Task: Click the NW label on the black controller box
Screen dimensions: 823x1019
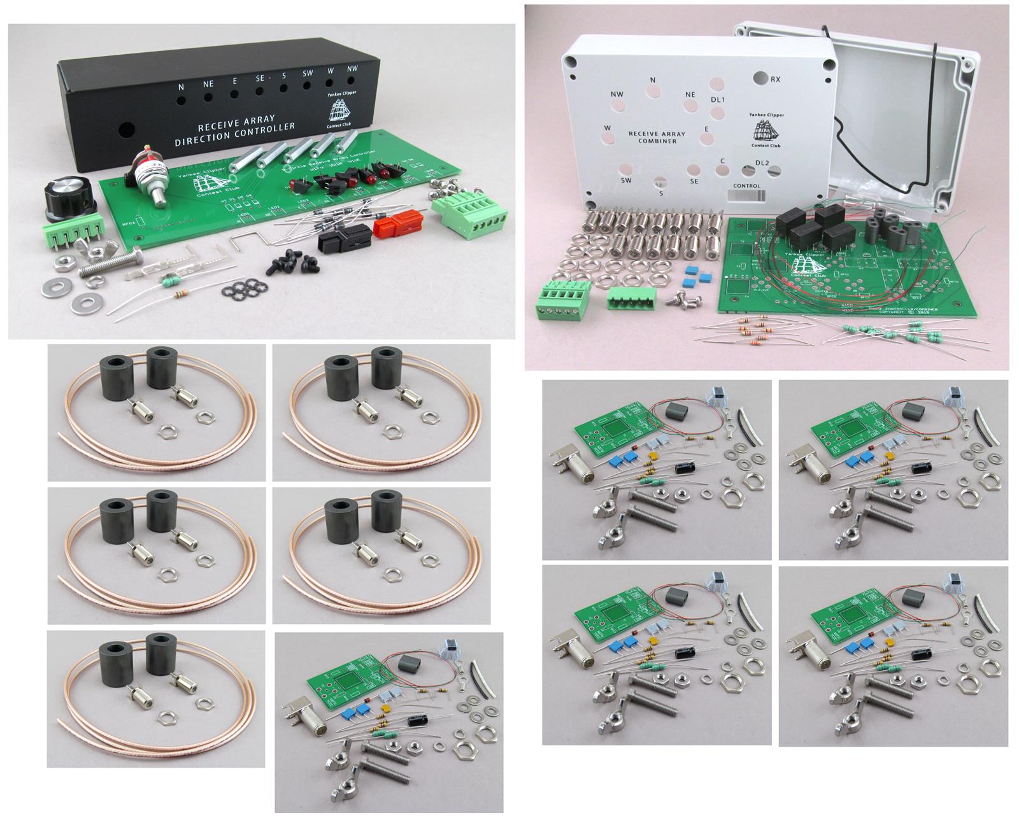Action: (352, 69)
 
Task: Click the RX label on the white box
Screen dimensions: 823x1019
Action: (776, 80)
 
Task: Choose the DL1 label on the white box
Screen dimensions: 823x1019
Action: (718, 100)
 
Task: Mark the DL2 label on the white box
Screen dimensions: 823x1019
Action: (762, 164)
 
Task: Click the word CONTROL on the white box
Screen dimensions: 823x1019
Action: (746, 186)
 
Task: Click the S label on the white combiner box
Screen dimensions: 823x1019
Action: (660, 193)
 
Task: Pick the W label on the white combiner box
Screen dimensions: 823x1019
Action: (608, 128)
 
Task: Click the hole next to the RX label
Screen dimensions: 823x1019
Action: (760, 78)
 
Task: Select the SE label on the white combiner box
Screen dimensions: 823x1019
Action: (694, 181)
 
